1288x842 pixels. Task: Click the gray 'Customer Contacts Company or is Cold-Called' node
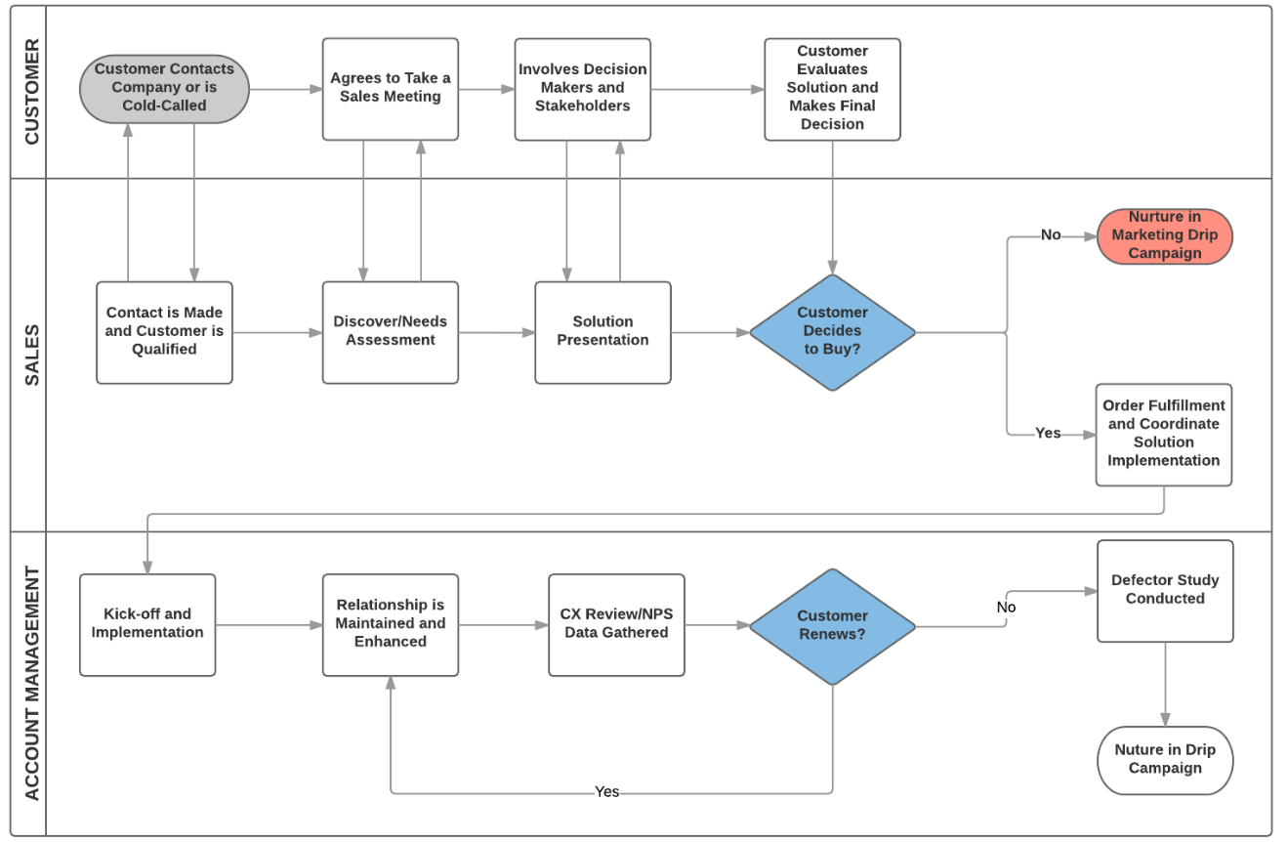click(x=164, y=89)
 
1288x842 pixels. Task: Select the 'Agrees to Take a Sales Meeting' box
click(x=390, y=89)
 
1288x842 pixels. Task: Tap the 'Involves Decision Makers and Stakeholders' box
click(x=582, y=89)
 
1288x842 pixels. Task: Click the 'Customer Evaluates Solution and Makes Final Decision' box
click(x=832, y=89)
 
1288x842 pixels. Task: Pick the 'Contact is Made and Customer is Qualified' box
click(x=164, y=332)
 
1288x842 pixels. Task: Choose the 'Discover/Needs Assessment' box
click(x=390, y=332)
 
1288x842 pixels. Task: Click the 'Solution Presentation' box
click(x=602, y=332)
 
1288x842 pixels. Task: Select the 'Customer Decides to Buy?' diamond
click(x=832, y=332)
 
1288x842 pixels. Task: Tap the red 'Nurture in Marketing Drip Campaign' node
click(x=1164, y=235)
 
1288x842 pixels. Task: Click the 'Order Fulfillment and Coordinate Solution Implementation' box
click(x=1163, y=434)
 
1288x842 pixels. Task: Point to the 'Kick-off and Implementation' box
click(x=147, y=624)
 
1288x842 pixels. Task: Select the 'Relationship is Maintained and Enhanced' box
click(x=390, y=624)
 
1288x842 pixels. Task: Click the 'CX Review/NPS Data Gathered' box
click(x=616, y=624)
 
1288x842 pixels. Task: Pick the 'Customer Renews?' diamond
click(x=832, y=625)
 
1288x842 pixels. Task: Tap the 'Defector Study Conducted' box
click(x=1165, y=591)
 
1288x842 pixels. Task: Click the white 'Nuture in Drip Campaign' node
click(x=1165, y=760)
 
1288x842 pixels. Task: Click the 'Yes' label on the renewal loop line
click(x=607, y=792)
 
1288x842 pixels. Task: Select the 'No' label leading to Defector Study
click(x=1006, y=608)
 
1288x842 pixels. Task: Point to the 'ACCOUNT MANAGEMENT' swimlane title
click(x=31, y=683)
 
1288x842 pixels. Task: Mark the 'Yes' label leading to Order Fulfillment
click(x=1048, y=433)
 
